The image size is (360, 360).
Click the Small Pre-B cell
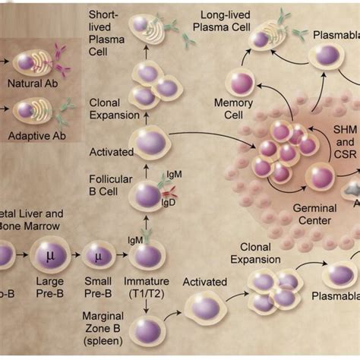[99, 256]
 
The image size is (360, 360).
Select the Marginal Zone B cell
[147, 330]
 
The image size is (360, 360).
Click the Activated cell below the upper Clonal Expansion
[150, 142]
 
